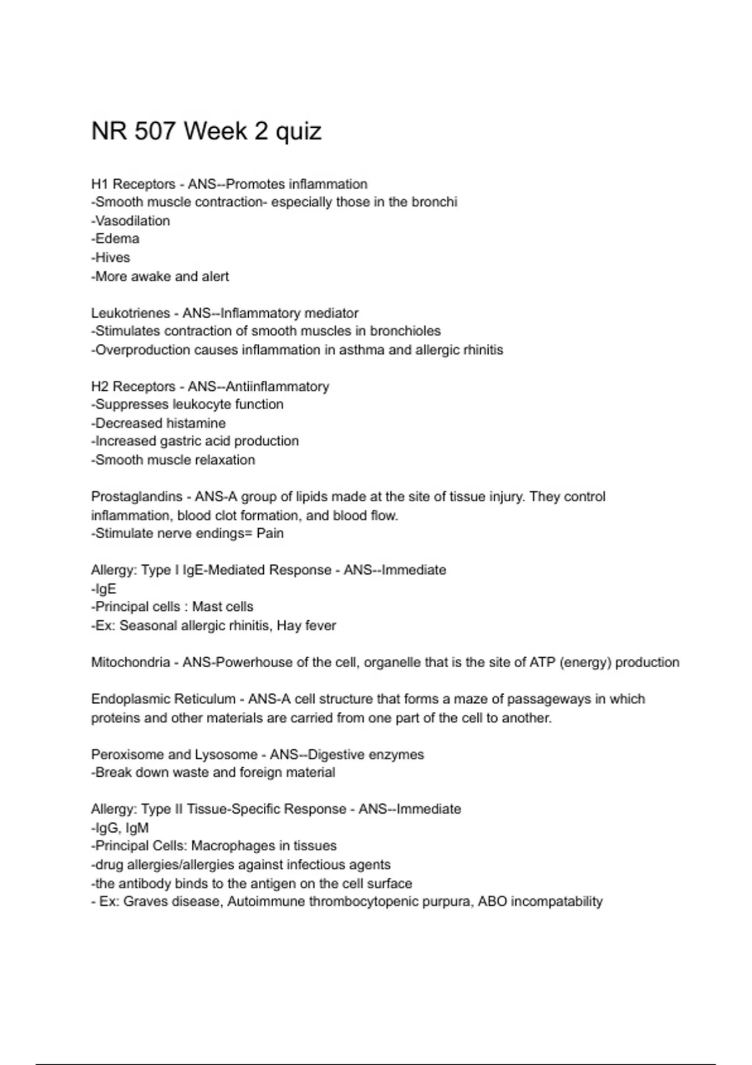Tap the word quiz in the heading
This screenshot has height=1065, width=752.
point(298,132)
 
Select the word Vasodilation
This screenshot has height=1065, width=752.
point(132,221)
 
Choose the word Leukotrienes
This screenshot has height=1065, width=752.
point(130,313)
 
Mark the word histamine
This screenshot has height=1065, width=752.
point(193,423)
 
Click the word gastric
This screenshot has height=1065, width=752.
point(180,441)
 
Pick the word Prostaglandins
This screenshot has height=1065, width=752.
point(137,497)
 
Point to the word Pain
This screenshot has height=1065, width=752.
point(269,533)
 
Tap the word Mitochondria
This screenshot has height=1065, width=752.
point(130,662)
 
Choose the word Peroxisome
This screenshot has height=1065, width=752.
point(127,754)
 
